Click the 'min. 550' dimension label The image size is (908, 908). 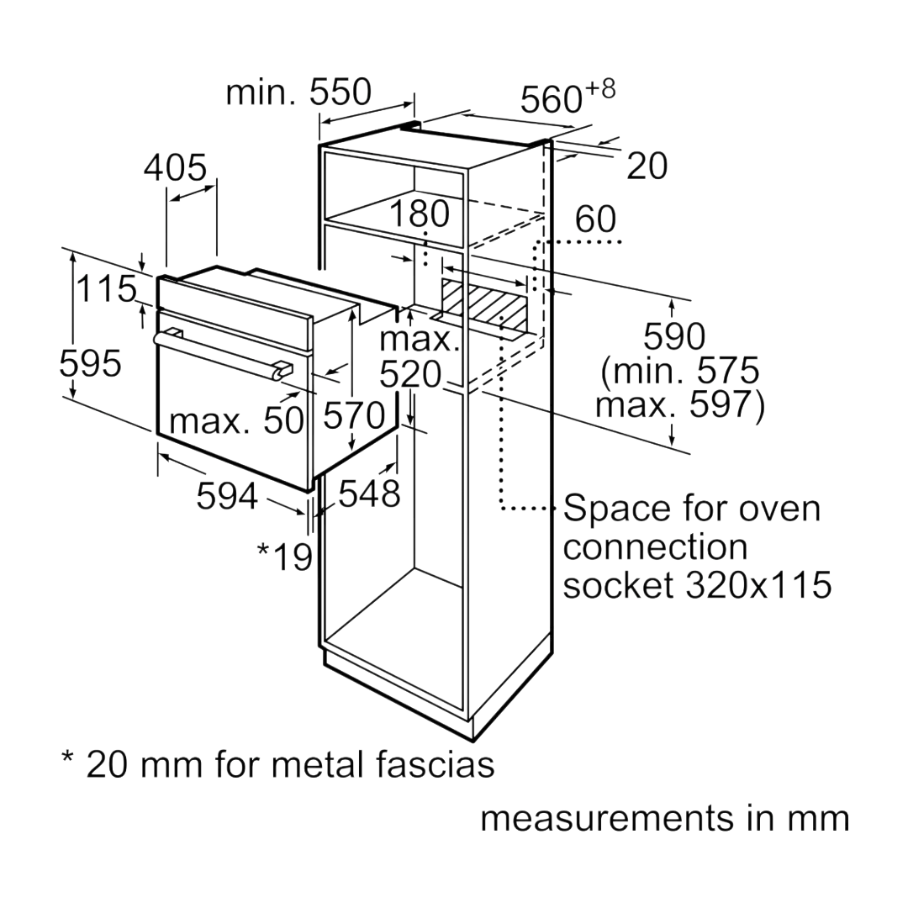298,92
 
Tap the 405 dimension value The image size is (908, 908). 175,167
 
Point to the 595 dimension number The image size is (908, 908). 90,364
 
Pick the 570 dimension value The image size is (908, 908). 354,415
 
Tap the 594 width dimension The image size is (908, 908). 227,496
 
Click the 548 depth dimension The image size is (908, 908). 369,494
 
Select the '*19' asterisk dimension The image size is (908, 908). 285,556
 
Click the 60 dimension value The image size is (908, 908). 595,219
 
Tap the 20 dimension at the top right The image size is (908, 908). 647,166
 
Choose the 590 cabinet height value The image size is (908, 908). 674,336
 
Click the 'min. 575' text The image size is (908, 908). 680,371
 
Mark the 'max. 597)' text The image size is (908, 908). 680,404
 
